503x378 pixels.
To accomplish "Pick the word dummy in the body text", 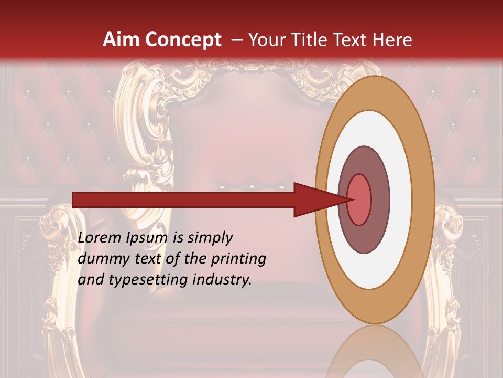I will click(100, 259).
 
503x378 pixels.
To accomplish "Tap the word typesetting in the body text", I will click(139, 280).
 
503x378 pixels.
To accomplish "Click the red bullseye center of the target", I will click(359, 199).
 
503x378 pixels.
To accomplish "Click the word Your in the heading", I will click(266, 40).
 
